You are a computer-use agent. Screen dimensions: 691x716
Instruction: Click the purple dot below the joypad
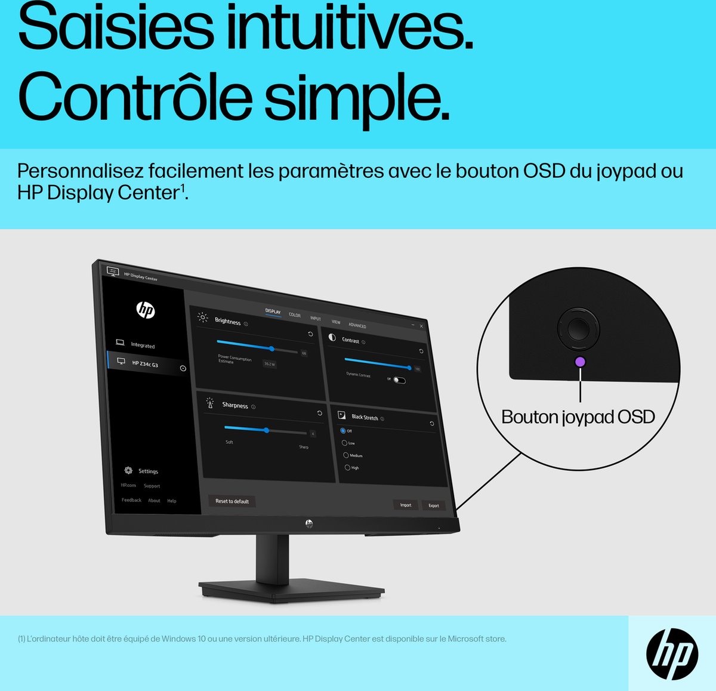tap(580, 362)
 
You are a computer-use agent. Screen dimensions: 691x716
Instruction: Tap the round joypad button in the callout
tap(578, 328)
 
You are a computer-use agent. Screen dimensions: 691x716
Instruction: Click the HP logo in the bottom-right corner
tap(672, 654)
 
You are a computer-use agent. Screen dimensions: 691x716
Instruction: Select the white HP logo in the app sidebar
tap(146, 310)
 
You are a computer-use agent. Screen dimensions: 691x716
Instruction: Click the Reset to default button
tap(232, 501)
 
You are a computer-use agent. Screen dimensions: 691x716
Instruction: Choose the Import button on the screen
tap(406, 505)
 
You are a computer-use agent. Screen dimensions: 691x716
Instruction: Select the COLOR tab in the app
tap(295, 315)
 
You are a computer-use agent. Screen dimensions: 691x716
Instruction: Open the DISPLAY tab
tap(273, 311)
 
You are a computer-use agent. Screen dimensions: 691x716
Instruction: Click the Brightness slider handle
tap(272, 348)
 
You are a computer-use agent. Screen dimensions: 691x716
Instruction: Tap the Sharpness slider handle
tap(267, 430)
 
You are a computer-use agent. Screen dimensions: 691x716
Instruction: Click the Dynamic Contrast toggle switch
tap(399, 380)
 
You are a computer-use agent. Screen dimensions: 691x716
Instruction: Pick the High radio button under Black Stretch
tap(347, 467)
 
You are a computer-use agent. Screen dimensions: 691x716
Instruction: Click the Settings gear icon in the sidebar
tap(128, 470)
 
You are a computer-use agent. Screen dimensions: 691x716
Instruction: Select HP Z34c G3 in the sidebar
tap(145, 363)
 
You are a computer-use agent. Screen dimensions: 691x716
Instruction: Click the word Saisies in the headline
tap(116, 28)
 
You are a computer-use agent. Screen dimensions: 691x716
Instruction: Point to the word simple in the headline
tap(356, 97)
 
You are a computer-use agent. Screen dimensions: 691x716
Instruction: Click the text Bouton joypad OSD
tap(578, 417)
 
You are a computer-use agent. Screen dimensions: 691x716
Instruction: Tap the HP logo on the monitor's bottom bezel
tap(309, 523)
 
